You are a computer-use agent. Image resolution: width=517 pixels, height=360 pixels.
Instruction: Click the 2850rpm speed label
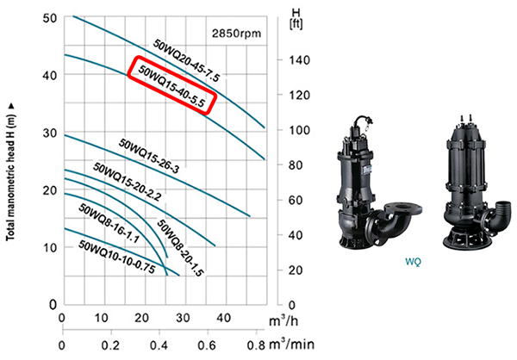[x=236, y=34]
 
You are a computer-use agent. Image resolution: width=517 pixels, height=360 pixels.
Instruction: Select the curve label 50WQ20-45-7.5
[x=186, y=59]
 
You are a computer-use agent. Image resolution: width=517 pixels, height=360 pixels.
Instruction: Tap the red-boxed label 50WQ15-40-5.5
[x=171, y=86]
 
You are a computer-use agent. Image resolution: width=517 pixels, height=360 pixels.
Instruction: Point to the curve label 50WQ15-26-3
[x=149, y=156]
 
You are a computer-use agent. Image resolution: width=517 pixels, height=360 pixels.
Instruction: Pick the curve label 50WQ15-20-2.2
[x=128, y=182]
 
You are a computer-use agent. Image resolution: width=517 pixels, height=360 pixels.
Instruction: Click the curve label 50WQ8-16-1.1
[x=109, y=223]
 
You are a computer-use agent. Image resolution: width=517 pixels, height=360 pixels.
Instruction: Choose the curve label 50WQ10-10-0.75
[x=116, y=257]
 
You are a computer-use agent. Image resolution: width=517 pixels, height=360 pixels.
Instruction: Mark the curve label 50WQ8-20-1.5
[x=180, y=247]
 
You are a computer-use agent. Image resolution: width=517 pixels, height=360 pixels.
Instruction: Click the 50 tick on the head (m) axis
[x=50, y=18]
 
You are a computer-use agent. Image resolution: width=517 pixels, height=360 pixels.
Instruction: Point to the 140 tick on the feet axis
[x=300, y=60]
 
